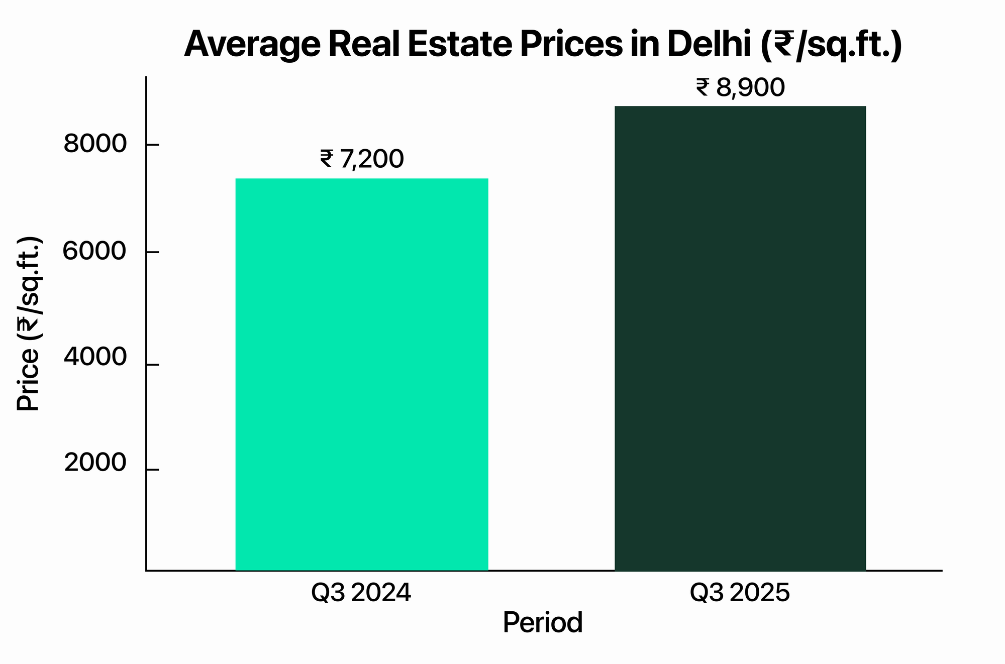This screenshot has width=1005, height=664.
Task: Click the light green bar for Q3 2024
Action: click(362, 374)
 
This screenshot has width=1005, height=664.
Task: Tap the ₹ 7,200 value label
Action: click(362, 159)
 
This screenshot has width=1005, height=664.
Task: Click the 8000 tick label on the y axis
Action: click(95, 144)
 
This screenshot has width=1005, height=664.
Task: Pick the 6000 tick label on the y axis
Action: click(94, 251)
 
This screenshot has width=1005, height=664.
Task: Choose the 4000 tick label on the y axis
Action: click(95, 358)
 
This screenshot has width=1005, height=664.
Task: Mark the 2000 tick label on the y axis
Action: click(95, 463)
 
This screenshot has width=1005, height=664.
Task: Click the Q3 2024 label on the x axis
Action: click(361, 593)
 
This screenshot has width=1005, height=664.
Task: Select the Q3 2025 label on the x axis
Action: click(740, 593)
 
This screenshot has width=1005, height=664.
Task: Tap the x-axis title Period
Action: click(543, 623)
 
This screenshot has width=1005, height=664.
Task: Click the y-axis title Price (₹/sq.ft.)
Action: click(29, 324)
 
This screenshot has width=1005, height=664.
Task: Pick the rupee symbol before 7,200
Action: click(326, 159)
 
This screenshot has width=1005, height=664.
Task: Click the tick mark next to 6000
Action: click(152, 252)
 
